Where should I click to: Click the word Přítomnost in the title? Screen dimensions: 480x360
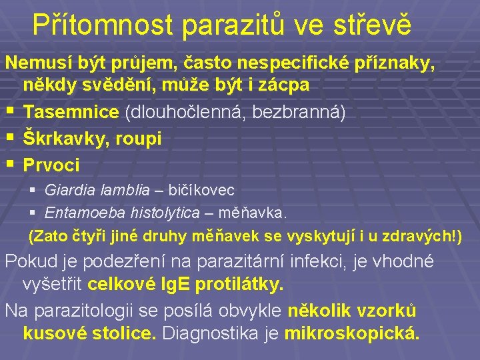103,25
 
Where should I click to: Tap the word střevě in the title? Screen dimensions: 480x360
372,24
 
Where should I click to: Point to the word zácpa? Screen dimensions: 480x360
283,85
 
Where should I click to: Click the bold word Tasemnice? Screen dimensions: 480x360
71,111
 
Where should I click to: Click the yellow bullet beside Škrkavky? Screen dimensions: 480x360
11,136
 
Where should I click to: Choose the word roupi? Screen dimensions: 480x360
139,139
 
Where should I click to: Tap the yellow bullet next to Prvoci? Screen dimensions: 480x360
11,163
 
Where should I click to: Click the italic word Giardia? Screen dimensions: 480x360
70,190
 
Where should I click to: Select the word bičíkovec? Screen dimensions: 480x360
201,190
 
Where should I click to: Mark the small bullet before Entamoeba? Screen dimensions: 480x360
33,212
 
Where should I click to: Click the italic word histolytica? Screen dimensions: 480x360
165,213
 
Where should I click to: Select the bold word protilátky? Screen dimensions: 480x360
239,285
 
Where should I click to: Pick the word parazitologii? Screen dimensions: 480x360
83,311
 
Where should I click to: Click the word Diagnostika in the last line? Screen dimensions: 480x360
210,333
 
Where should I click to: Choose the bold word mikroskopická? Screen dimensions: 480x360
352,333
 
